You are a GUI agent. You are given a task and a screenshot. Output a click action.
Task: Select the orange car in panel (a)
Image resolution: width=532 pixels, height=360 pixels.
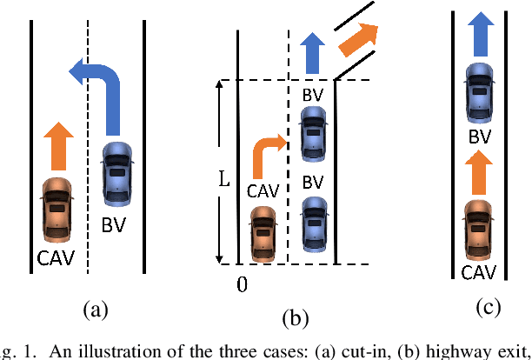[x=57, y=209]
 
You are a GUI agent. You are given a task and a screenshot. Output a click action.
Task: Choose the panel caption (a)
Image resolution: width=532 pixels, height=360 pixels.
[x=95, y=309]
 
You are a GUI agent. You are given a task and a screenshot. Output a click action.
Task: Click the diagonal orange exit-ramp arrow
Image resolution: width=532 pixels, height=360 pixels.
[x=357, y=37]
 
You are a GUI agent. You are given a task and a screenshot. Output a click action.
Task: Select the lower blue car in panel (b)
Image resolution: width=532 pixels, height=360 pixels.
[x=312, y=225]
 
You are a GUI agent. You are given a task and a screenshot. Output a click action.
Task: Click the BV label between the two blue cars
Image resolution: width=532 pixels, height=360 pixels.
[x=313, y=183]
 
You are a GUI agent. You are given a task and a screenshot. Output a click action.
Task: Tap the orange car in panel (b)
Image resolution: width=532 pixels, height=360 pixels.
[x=262, y=232]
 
